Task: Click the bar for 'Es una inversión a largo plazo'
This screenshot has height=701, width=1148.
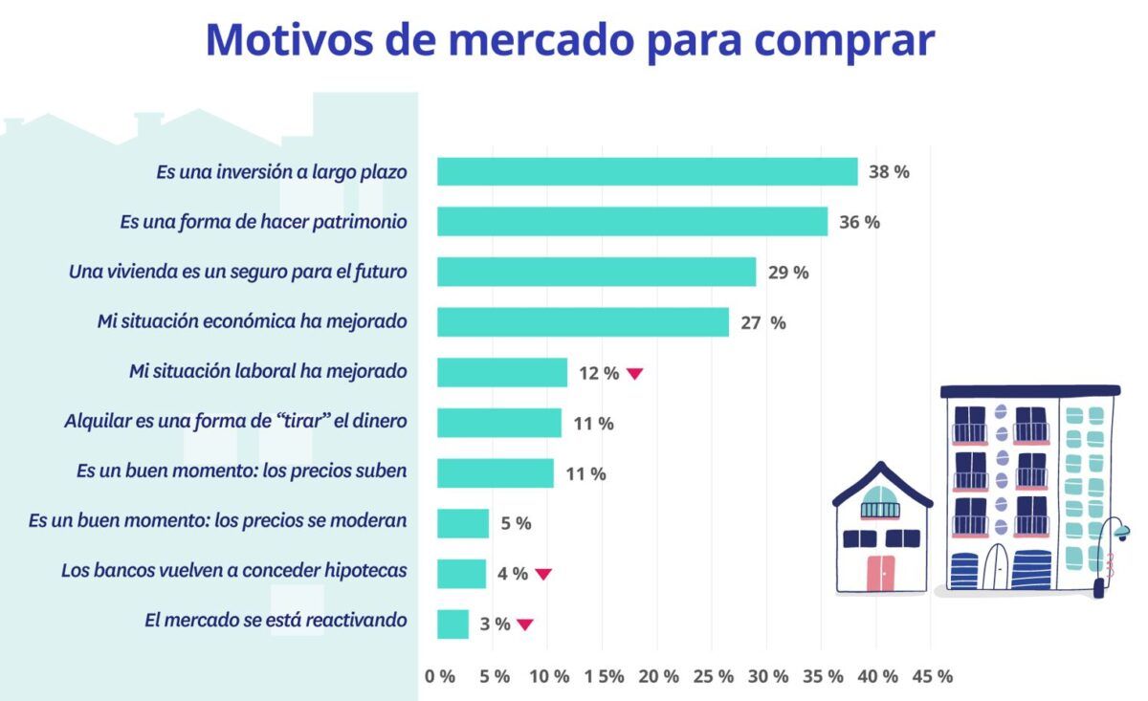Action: (647, 172)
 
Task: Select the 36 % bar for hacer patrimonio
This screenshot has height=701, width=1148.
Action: (631, 222)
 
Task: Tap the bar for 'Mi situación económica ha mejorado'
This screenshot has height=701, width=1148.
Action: (583, 322)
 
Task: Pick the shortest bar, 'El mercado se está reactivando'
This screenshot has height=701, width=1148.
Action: (453, 624)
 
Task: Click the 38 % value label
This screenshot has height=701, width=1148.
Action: (889, 172)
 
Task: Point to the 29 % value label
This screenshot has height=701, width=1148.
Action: (787, 273)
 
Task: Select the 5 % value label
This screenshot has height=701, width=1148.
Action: (516, 523)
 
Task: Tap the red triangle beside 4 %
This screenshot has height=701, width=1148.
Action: (542, 574)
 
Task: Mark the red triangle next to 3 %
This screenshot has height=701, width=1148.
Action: (524, 624)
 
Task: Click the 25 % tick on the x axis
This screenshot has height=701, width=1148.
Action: (712, 676)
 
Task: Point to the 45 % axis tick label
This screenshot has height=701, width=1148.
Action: (932, 676)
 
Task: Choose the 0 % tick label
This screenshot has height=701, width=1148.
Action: (439, 676)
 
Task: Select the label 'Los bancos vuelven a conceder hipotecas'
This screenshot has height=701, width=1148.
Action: (234, 570)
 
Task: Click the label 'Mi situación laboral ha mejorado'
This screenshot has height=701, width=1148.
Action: (268, 370)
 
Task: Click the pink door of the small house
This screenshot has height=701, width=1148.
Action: (880, 571)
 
